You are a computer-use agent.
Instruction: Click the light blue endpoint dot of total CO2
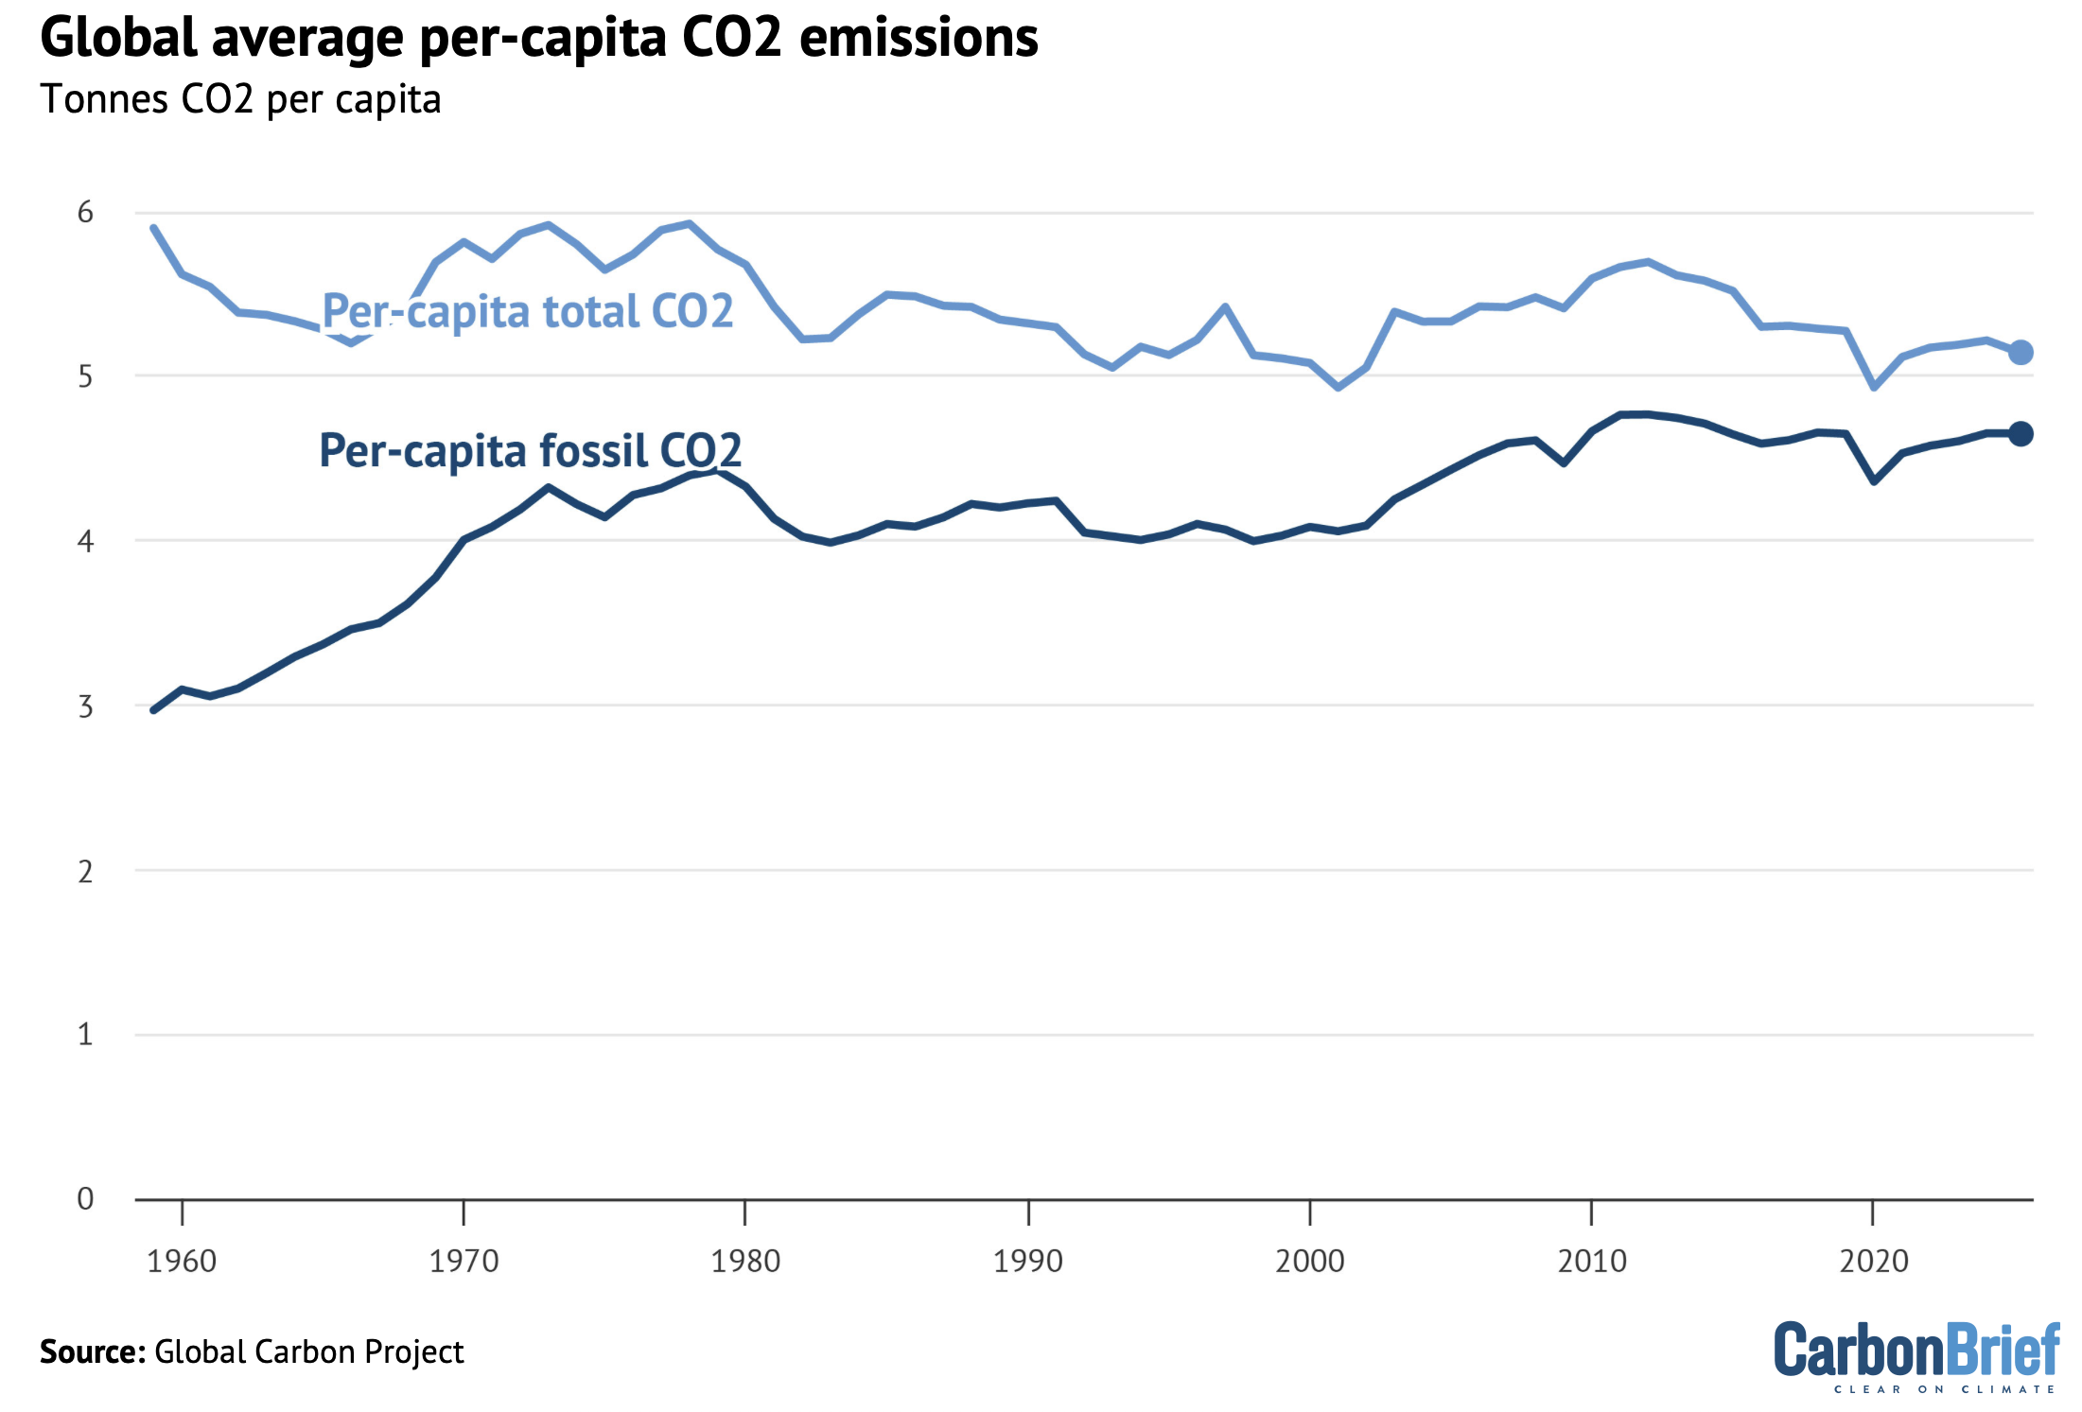coord(2021,352)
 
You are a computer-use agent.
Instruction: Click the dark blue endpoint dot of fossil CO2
coord(2021,434)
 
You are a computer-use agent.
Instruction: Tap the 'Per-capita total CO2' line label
coord(528,311)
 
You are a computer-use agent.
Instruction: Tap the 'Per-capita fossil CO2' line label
coord(530,450)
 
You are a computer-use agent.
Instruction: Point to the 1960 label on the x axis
coord(182,1261)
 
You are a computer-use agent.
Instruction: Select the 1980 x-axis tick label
coord(745,1261)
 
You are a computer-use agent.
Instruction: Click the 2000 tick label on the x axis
coord(1309,1261)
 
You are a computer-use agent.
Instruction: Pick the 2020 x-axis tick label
coord(1874,1261)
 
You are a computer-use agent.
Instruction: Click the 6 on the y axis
coord(85,212)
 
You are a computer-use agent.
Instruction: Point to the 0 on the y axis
coord(85,1198)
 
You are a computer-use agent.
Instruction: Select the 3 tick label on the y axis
coord(85,706)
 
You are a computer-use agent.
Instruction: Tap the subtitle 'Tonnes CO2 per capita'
coord(240,99)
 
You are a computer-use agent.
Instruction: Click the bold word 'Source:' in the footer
coord(92,1351)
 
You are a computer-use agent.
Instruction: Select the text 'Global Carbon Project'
coord(309,1351)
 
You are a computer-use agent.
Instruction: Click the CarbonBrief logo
coord(1916,1355)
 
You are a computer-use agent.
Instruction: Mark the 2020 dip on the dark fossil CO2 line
coord(1874,481)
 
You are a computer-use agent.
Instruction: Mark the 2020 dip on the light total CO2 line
coord(1874,387)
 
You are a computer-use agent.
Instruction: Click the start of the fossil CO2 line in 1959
coord(154,709)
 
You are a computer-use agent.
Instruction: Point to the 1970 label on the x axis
coord(464,1261)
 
